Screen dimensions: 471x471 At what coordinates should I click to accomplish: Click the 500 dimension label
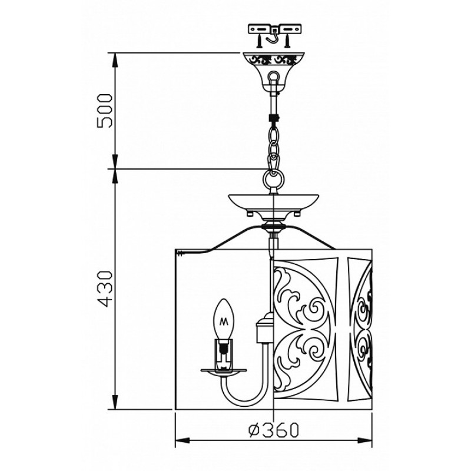pos(105,111)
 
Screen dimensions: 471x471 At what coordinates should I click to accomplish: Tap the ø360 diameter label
pos(274,430)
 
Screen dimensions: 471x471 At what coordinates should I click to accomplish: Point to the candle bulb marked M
pos(224,319)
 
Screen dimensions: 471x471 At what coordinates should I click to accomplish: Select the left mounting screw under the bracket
pos(260,41)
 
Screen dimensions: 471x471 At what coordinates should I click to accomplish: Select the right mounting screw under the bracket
pos(287,41)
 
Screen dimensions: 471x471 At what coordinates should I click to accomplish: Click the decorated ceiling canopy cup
pos(273,71)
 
